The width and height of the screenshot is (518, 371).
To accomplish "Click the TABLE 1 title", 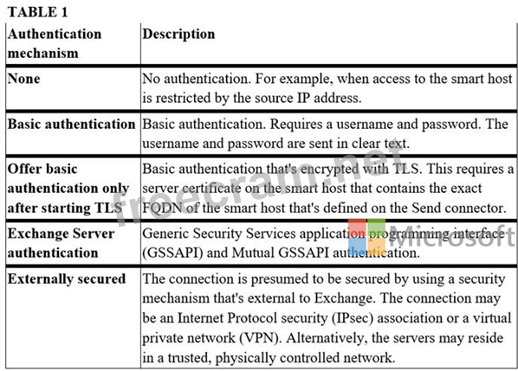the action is click(37, 12).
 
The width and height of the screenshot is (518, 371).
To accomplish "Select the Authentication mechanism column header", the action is click(55, 43).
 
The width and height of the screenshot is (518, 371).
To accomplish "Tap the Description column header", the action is click(178, 34).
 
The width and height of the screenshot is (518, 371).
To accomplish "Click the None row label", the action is click(23, 79).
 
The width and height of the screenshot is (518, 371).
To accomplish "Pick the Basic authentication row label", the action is click(71, 124).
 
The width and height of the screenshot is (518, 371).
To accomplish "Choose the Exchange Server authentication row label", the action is click(61, 243).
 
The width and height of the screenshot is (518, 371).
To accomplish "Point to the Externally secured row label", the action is click(67, 279).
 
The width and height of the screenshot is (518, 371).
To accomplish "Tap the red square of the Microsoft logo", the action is click(357, 228).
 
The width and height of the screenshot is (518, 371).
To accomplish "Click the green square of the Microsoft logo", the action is click(376, 228).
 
